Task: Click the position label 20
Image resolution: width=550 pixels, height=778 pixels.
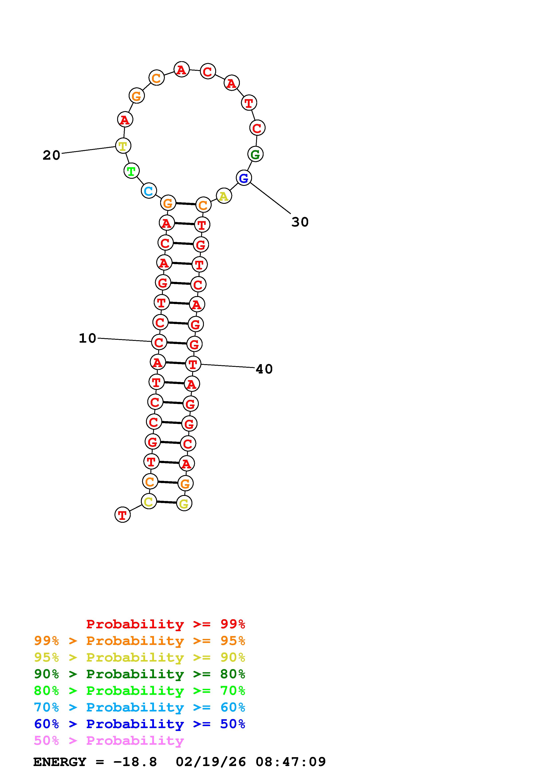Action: click(x=51, y=155)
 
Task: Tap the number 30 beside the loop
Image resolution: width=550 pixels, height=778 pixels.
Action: click(x=300, y=222)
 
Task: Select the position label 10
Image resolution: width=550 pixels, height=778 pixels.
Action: click(x=87, y=338)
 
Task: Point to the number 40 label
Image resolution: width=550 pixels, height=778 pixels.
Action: click(x=264, y=369)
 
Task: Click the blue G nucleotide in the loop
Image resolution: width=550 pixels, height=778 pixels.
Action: click(x=244, y=178)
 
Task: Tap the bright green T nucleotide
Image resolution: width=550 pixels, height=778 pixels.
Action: click(x=131, y=171)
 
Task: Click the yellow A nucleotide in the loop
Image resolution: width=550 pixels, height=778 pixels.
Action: click(x=224, y=196)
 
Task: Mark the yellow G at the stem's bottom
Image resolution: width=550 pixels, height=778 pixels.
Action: click(x=184, y=503)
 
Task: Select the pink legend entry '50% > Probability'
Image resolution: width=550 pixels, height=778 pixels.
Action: click(x=109, y=741)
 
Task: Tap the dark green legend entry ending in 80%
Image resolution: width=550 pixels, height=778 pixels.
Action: click(x=139, y=674)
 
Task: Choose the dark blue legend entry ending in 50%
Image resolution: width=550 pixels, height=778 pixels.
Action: click(x=139, y=724)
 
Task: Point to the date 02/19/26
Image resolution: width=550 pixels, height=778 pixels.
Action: click(x=211, y=762)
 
